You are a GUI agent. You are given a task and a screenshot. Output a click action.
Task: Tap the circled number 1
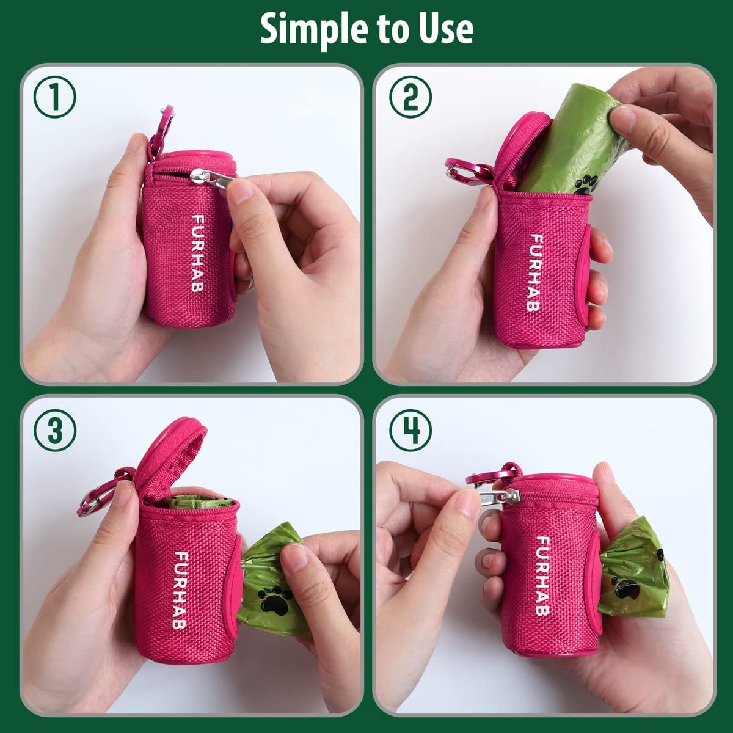(55, 98)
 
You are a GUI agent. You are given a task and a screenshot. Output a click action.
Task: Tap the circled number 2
(410, 98)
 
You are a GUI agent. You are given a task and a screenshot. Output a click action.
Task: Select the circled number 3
(55, 431)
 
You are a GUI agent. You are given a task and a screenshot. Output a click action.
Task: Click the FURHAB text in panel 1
(197, 252)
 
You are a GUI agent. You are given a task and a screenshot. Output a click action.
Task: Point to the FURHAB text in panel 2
(535, 272)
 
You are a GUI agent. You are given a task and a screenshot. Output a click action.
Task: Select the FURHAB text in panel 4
(541, 575)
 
